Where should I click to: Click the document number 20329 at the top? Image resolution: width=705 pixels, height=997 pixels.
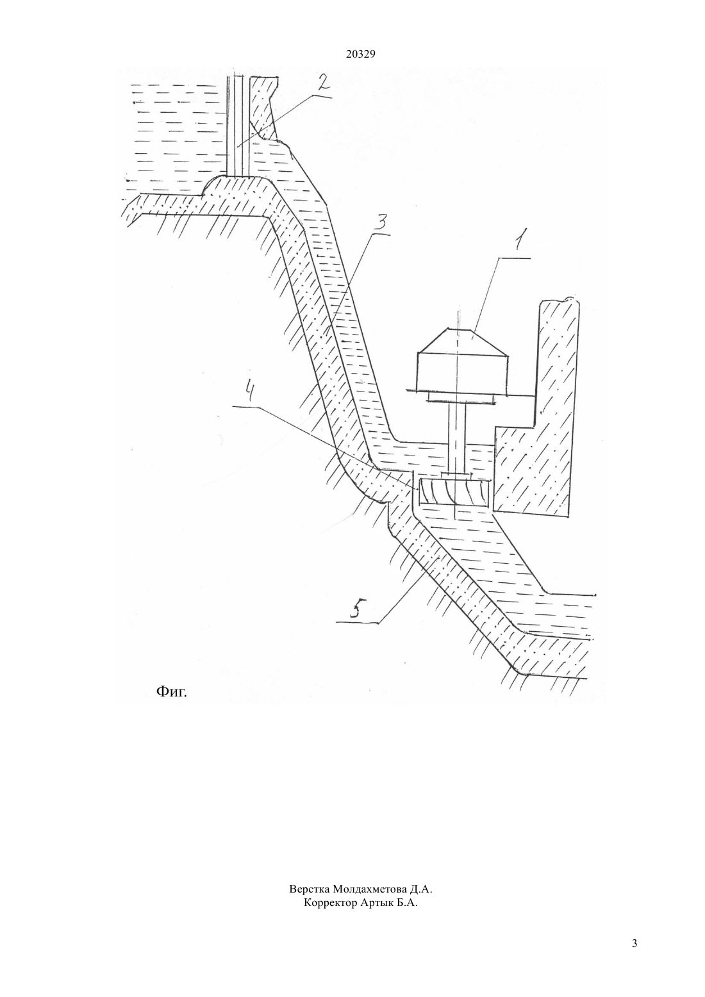pyautogui.click(x=360, y=54)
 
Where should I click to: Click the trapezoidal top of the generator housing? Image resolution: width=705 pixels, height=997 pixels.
pyautogui.click(x=462, y=342)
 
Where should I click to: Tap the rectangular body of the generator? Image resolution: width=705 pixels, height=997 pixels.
pyautogui.click(x=463, y=372)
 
